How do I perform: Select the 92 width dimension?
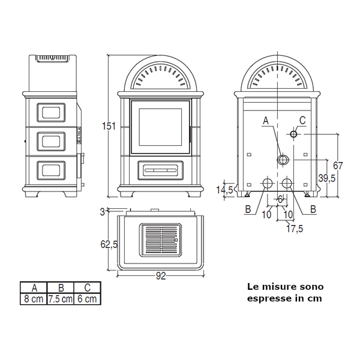160,277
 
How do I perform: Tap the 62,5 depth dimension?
109,244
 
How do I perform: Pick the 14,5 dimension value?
226,190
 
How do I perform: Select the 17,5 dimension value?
293,228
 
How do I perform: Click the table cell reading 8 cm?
33,298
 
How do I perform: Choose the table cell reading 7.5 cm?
61,298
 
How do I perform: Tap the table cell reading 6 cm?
88,298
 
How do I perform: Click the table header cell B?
61,287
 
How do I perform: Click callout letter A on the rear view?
266,121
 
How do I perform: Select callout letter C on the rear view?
302,121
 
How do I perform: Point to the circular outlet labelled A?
283,160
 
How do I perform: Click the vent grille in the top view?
160,240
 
